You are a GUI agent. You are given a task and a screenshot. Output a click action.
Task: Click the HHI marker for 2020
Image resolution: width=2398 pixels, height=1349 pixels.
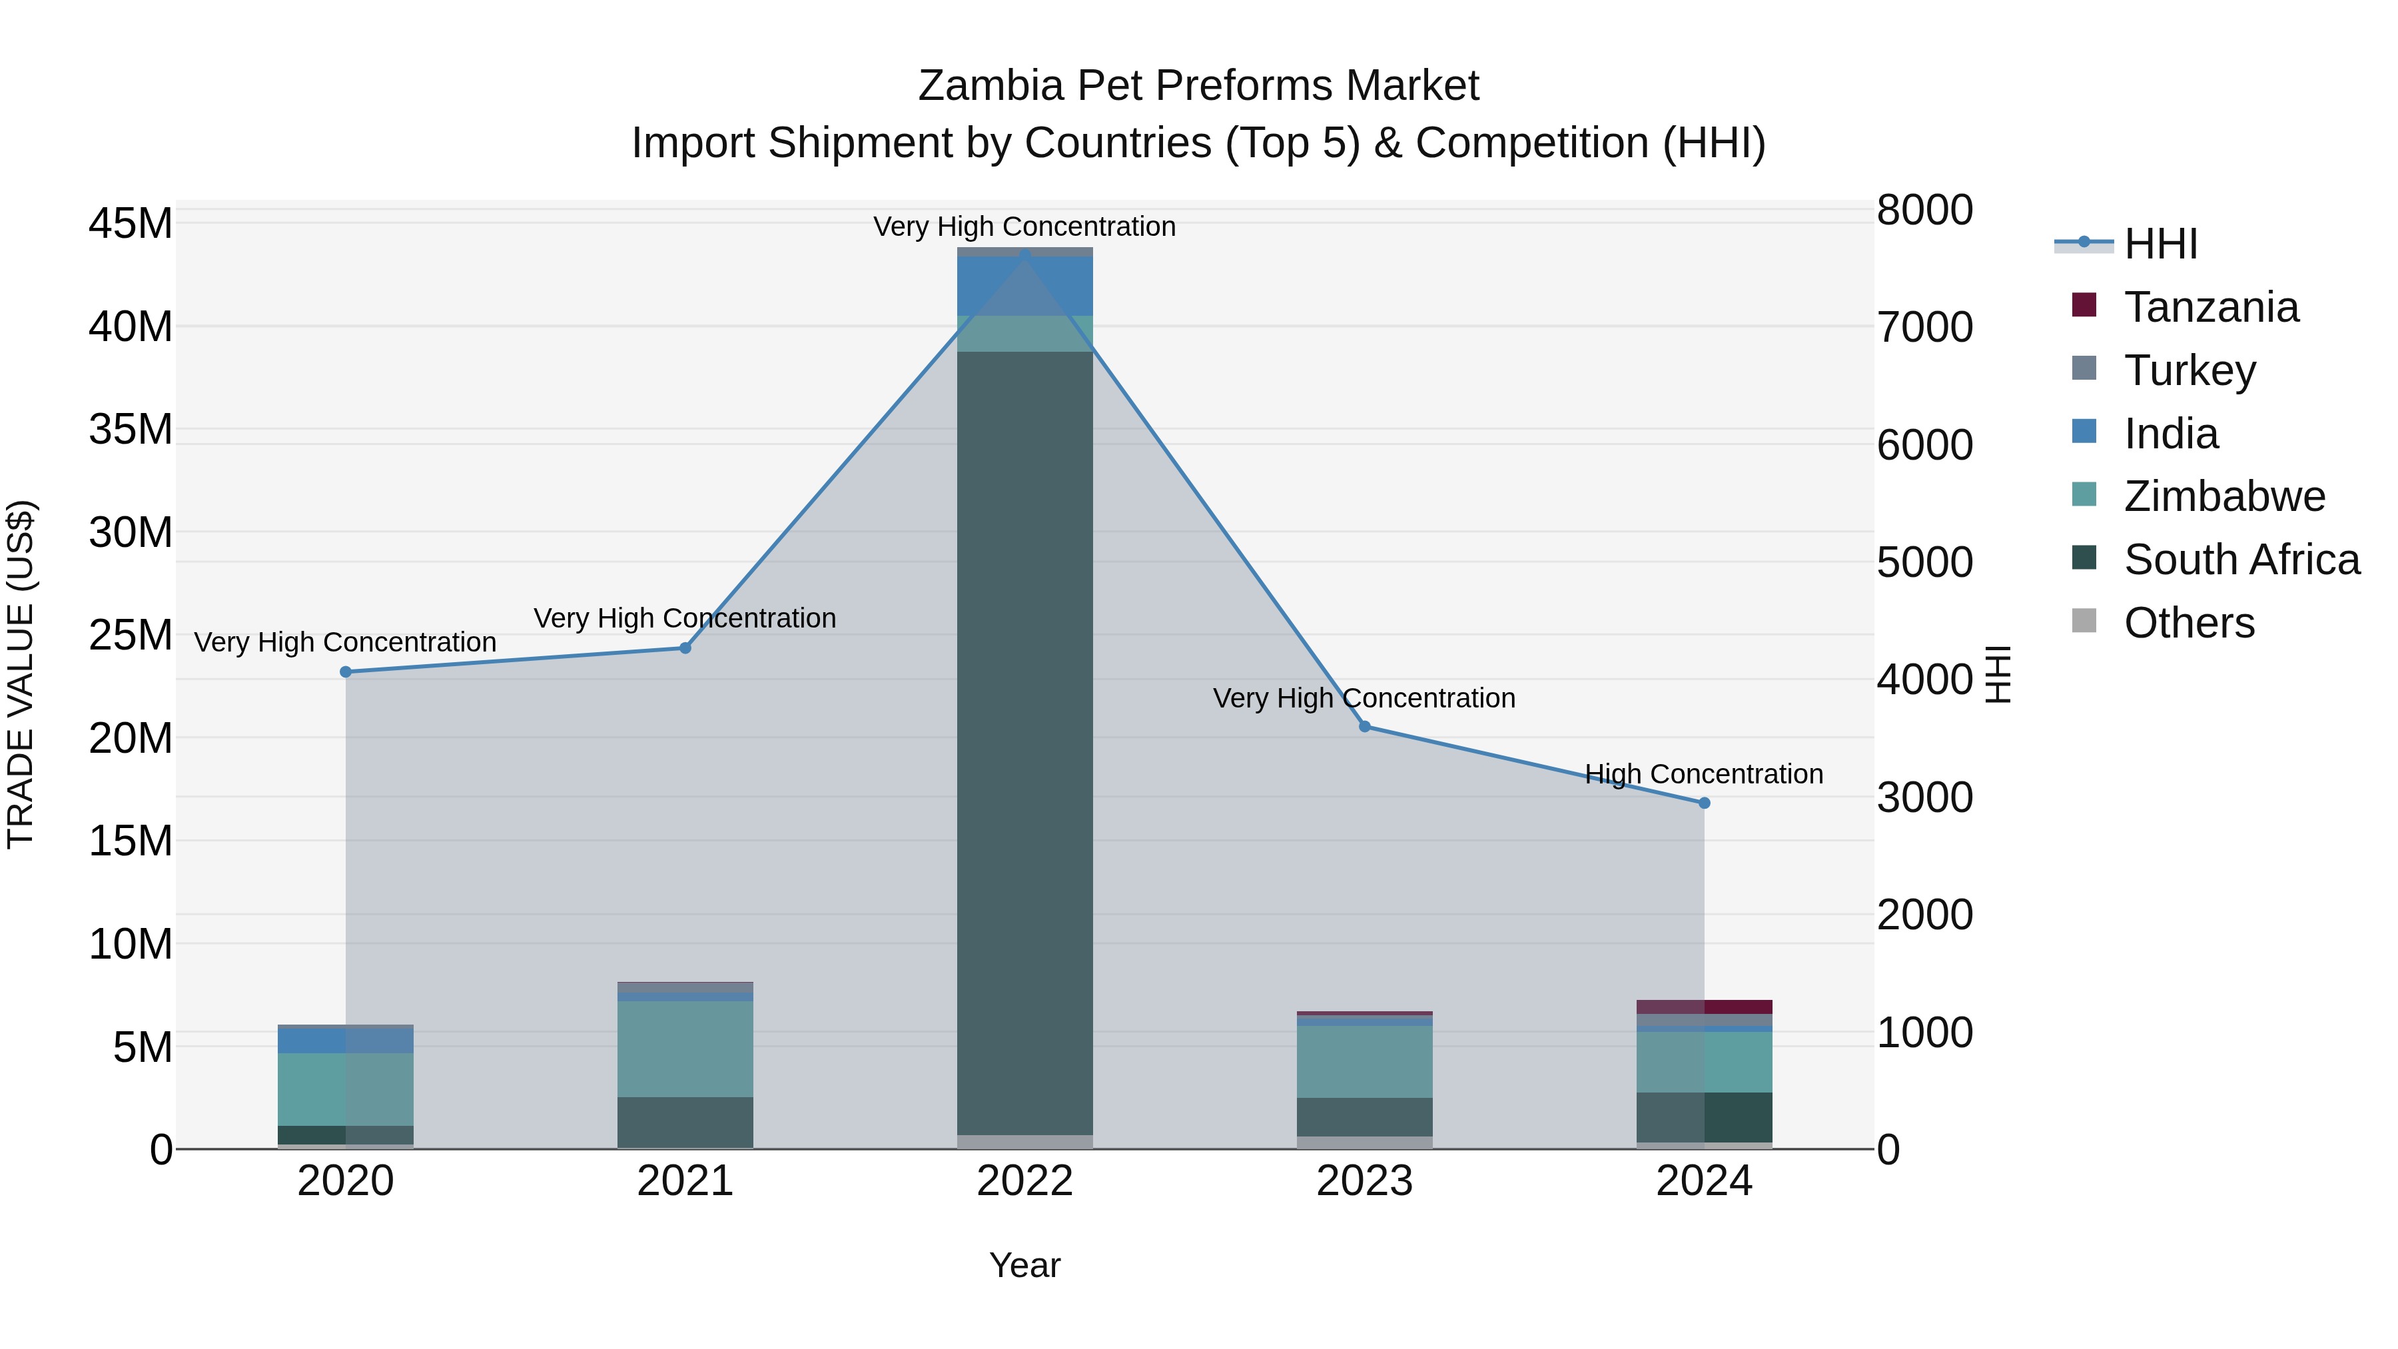[x=345, y=672]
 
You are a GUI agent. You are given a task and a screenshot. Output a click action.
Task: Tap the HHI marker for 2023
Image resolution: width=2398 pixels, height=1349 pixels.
[x=1365, y=726]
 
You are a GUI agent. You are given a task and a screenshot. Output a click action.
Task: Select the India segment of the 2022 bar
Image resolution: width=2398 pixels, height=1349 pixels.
[x=1025, y=286]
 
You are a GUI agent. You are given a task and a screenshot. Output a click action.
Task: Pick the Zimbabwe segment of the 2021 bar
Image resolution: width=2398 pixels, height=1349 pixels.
[x=685, y=1049]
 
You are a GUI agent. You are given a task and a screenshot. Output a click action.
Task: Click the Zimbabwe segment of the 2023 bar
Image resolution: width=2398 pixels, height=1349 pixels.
[x=1365, y=1061]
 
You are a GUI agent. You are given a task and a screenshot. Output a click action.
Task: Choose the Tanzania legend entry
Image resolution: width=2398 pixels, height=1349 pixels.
[x=2211, y=307]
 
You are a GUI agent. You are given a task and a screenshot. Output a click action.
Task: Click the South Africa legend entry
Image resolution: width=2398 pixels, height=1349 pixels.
[x=2241, y=560]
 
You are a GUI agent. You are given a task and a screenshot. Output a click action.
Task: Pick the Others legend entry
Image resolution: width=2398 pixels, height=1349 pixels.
[x=2189, y=623]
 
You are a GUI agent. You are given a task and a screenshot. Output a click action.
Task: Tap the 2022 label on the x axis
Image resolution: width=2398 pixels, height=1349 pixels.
[x=1025, y=1181]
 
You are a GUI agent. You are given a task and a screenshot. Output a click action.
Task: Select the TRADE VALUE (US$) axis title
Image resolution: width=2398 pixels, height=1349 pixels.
[x=21, y=674]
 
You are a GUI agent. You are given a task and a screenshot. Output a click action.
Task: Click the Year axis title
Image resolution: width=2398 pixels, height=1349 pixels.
[x=1025, y=1265]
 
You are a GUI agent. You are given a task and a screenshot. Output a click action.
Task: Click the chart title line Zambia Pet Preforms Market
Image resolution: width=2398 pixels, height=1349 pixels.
[x=1198, y=86]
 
